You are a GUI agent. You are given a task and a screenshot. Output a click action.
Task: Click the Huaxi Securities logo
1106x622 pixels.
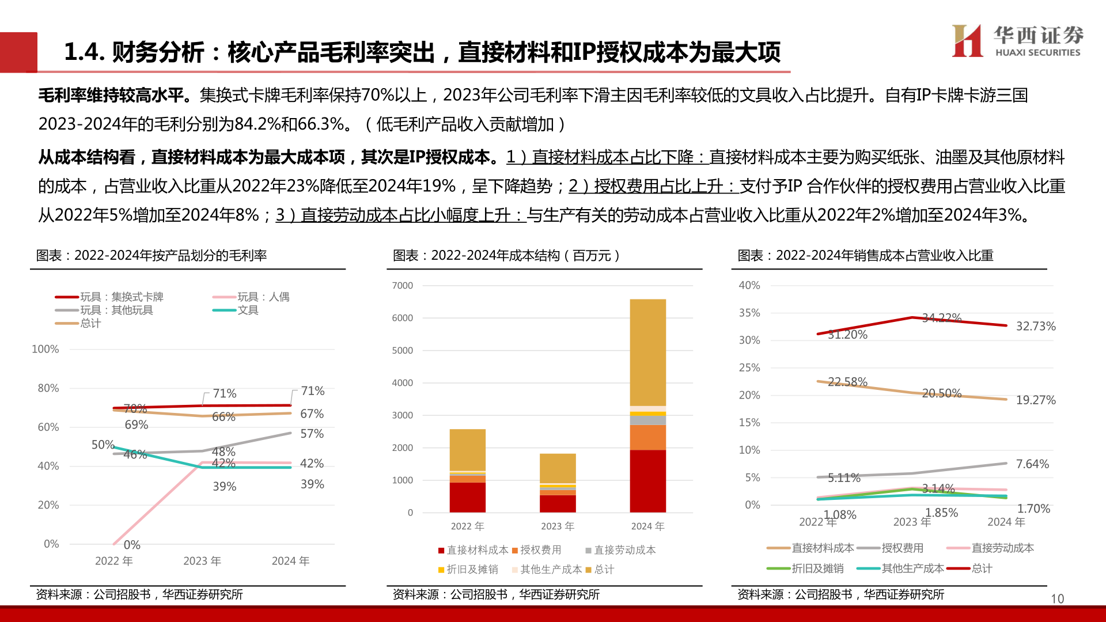pyautogui.click(x=1017, y=41)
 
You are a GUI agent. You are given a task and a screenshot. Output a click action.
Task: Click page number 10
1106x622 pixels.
pyautogui.click(x=1057, y=598)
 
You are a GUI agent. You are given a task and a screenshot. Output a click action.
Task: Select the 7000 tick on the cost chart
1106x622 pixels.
pyautogui.click(x=402, y=286)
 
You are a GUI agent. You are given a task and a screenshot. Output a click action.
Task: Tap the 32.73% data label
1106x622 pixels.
pyautogui.click(x=1035, y=326)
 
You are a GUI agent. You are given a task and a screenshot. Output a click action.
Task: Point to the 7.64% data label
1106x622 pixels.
pyautogui.click(x=1032, y=464)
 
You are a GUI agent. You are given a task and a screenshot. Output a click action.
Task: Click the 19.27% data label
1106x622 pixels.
pyautogui.click(x=1035, y=400)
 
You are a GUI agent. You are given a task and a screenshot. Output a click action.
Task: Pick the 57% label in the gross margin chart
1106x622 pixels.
pyautogui.click(x=312, y=434)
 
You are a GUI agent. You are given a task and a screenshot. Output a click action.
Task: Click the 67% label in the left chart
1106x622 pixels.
pyautogui.click(x=312, y=414)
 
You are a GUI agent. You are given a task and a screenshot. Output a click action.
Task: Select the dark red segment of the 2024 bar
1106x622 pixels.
pyautogui.click(x=647, y=481)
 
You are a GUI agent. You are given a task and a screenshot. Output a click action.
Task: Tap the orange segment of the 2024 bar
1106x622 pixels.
pyautogui.click(x=647, y=437)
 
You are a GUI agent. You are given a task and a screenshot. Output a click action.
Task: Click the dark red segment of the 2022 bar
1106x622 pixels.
pyautogui.click(x=467, y=497)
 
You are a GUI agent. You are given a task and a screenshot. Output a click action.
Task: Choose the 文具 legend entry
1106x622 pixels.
pyautogui.click(x=248, y=310)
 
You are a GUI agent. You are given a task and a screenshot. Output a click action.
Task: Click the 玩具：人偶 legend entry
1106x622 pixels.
pyautogui.click(x=263, y=297)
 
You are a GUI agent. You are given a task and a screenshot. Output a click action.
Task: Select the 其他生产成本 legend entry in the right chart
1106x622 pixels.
pyautogui.click(x=912, y=568)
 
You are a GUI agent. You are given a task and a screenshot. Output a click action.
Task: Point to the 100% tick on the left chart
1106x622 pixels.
pyautogui.click(x=45, y=349)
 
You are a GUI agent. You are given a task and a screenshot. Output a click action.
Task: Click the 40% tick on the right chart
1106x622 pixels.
pyautogui.click(x=749, y=285)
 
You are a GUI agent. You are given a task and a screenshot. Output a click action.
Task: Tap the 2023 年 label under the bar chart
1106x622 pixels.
pyautogui.click(x=557, y=526)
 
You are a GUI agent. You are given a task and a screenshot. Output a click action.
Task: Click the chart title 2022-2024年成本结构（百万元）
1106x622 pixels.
pyautogui.click(x=506, y=255)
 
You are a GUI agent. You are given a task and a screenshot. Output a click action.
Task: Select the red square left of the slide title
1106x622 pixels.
pyautogui.click(x=18, y=52)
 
